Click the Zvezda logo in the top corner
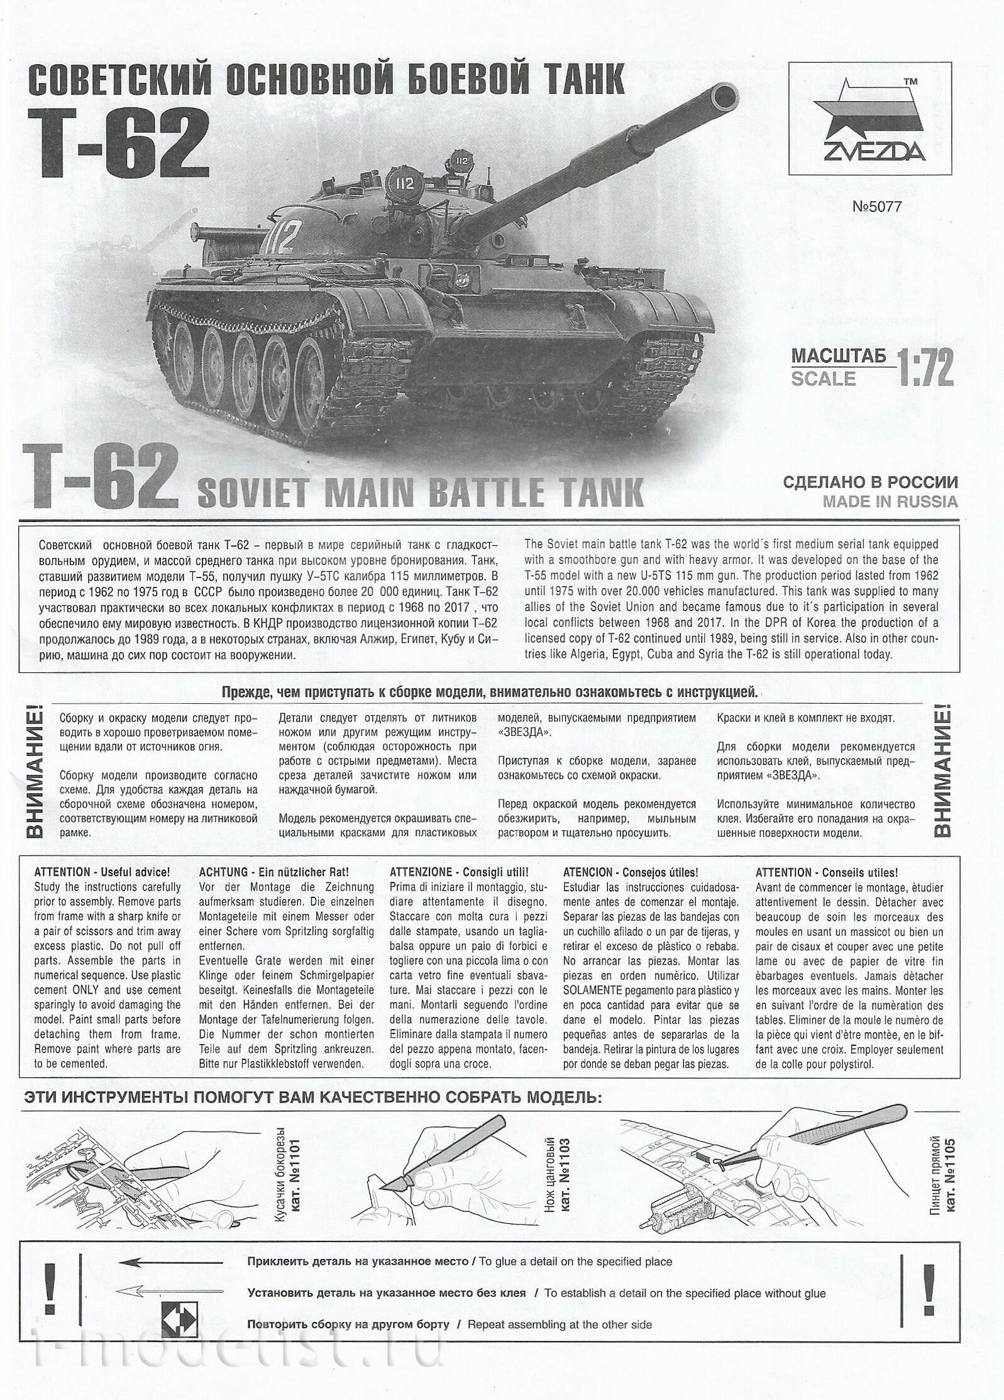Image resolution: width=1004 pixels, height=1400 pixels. pyautogui.click(x=870, y=123)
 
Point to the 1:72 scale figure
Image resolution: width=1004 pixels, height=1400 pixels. pyautogui.click(x=925, y=367)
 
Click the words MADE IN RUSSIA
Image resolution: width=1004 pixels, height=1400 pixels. pyautogui.click(x=890, y=501)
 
